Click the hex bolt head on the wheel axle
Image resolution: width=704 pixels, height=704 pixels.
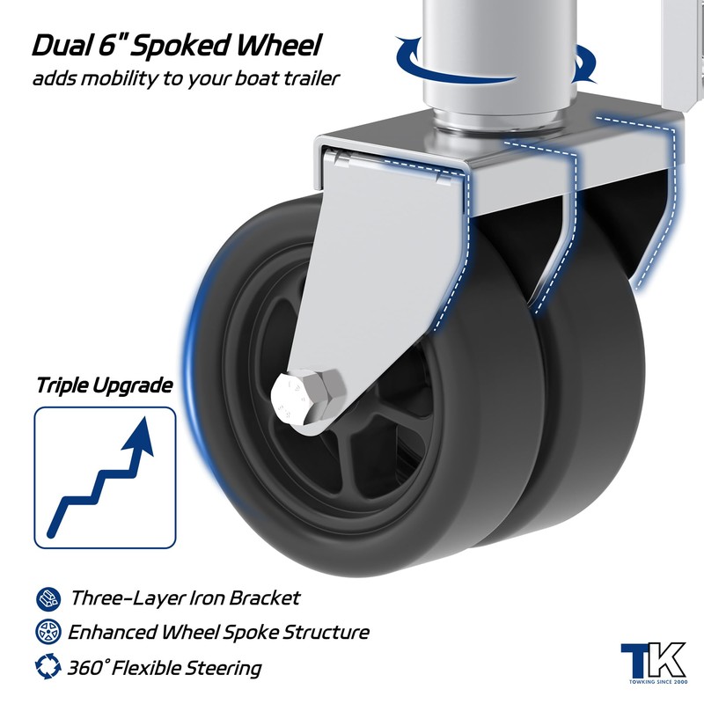[307, 398]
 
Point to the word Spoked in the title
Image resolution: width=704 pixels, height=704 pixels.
[182, 47]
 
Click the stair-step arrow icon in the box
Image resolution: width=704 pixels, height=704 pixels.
[100, 477]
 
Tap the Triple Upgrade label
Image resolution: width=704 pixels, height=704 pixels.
[105, 385]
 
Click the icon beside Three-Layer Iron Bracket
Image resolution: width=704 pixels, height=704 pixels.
[48, 598]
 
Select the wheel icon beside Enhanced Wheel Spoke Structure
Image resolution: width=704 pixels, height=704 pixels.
[48, 631]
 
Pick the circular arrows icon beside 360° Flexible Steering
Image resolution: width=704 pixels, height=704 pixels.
[48, 666]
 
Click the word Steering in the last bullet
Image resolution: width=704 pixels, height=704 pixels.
[224, 669]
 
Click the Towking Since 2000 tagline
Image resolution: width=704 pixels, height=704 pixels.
[658, 682]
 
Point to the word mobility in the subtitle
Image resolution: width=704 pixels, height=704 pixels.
[115, 79]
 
